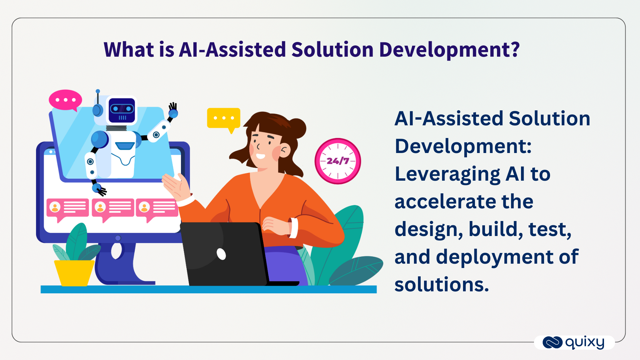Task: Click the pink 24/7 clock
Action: pyautogui.click(x=338, y=161)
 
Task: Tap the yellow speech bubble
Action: pyautogui.click(x=224, y=119)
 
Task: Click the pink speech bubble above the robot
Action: pyautogui.click(x=65, y=100)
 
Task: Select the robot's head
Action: pyautogui.click(x=122, y=110)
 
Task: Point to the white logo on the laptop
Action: pyautogui.click(x=221, y=254)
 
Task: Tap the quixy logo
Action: pyautogui.click(x=574, y=342)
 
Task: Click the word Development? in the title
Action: pyautogui.click(x=449, y=50)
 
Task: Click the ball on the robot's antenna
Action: pyautogui.click(x=98, y=91)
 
